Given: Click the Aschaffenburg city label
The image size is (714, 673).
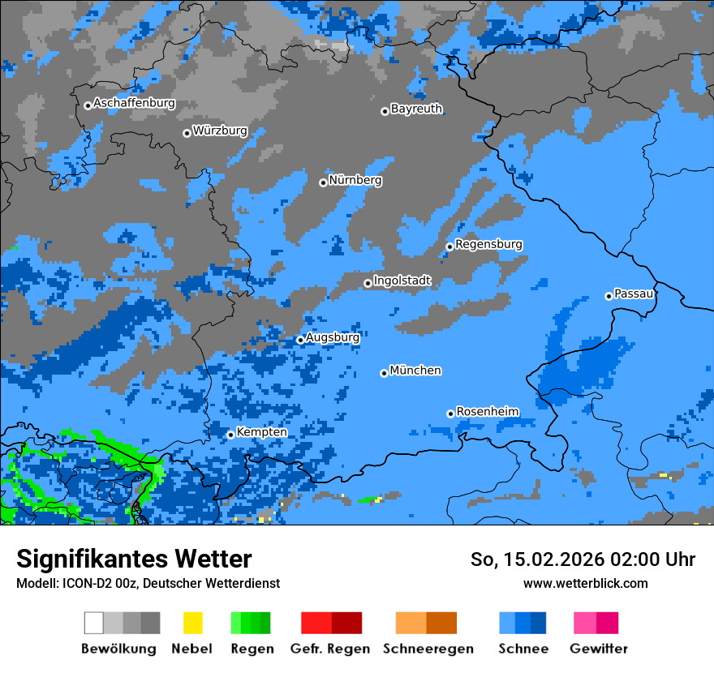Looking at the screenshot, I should (x=134, y=104).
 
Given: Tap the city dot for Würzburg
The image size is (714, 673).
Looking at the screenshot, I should (x=187, y=133).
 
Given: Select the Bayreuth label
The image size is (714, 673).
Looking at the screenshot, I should (x=416, y=109).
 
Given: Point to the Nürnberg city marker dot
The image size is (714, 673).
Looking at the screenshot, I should (x=323, y=182).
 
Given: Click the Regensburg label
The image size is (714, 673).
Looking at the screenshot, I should (x=488, y=244).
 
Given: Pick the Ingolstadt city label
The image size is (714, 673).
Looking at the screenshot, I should (x=402, y=281).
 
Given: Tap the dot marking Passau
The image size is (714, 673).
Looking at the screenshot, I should (x=609, y=296).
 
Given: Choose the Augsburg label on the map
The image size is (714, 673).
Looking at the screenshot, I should (x=333, y=337).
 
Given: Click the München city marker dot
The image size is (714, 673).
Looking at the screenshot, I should (x=384, y=373).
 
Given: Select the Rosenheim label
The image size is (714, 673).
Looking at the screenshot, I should (x=487, y=412).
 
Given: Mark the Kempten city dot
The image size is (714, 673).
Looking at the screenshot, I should (x=230, y=435).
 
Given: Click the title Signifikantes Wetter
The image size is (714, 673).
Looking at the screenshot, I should (x=134, y=559).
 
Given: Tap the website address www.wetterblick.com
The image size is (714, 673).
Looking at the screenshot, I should (x=585, y=583).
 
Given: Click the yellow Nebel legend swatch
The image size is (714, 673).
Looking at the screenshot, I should (x=192, y=623).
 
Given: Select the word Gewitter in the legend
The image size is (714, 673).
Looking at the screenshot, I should (x=598, y=649).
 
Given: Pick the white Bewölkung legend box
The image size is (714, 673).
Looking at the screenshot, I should (x=94, y=623).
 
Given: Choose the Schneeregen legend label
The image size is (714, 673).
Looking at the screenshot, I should (x=428, y=649).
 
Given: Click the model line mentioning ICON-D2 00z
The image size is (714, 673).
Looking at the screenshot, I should (x=148, y=583).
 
